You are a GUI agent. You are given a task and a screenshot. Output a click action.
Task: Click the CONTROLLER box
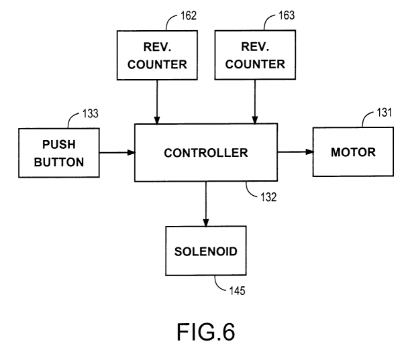206,152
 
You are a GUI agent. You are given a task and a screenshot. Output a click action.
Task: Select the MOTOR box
352,152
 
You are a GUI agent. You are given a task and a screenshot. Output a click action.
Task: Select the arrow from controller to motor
295,152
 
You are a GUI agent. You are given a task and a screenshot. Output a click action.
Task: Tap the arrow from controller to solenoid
206,204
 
